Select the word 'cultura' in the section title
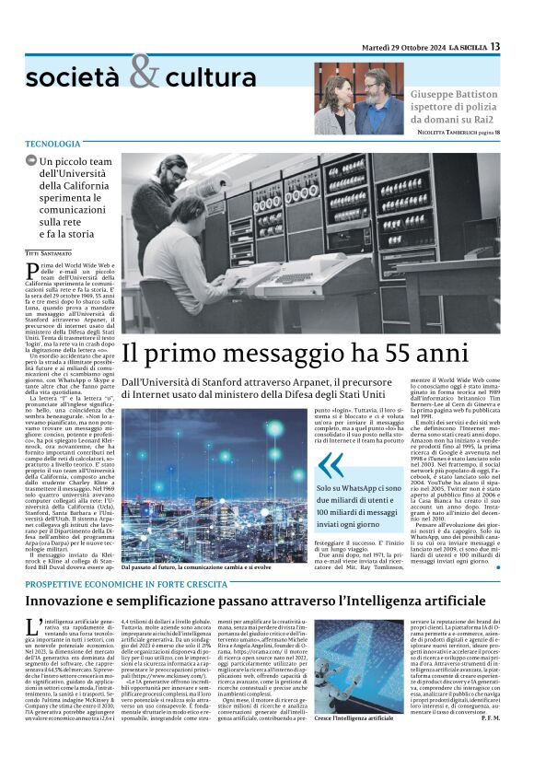pyautogui.click(x=211, y=77)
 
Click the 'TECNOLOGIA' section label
pyautogui.click(x=52, y=145)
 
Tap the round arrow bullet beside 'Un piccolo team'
pyautogui.click(x=31, y=162)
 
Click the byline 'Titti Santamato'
pyautogui.click(x=49, y=251)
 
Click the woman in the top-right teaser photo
pyautogui.click(x=334, y=103)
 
